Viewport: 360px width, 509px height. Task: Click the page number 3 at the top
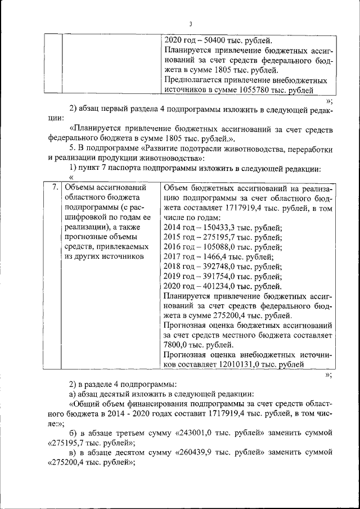[191, 24]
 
